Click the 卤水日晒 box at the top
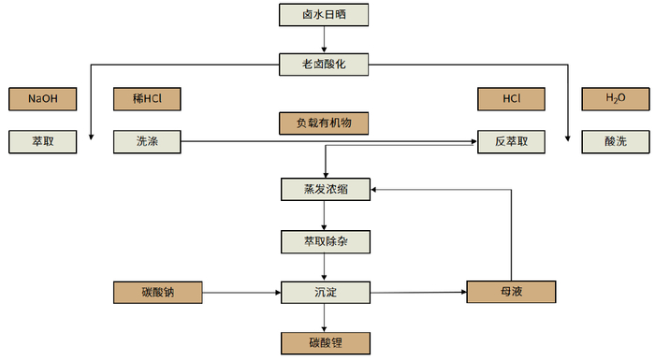pyautogui.click(x=324, y=15)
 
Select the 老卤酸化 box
pyautogui.click(x=324, y=64)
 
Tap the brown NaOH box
pyautogui.click(x=40, y=98)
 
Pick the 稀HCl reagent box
pyautogui.click(x=145, y=98)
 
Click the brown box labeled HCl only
pyautogui.click(x=511, y=98)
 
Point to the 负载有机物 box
pyautogui.click(x=324, y=122)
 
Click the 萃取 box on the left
pyautogui.click(x=40, y=142)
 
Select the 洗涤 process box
pyautogui.click(x=145, y=142)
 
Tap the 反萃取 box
pyautogui.click(x=511, y=142)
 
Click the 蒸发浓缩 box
pyautogui.click(x=324, y=189)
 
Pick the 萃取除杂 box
pyautogui.click(x=324, y=241)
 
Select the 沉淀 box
pyautogui.click(x=324, y=294)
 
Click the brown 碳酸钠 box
pyautogui.click(x=156, y=294)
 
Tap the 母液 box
pyautogui.click(x=511, y=294)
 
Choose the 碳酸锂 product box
pyautogui.click(x=324, y=342)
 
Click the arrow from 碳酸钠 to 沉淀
pyautogui.click(x=240, y=294)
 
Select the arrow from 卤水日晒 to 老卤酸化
pyautogui.click(x=324, y=39)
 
